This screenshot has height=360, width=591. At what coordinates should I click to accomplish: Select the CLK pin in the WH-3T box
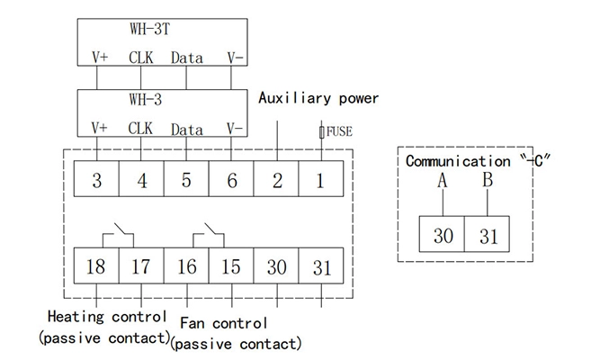141,58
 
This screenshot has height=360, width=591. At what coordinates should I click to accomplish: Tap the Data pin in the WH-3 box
186,129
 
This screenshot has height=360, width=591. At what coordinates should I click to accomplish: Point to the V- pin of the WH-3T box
234,58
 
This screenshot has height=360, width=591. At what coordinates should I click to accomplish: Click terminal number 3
96,180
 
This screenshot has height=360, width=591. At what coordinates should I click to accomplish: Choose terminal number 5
186,180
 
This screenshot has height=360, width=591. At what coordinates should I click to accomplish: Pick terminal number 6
232,180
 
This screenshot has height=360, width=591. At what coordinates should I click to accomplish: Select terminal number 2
277,180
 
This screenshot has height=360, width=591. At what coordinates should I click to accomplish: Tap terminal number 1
322,180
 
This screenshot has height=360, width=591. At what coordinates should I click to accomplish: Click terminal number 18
96,267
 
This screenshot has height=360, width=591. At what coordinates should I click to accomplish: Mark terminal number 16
186,267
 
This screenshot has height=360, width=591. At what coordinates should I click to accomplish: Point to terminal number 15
232,267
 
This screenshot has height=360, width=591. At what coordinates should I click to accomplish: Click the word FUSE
339,132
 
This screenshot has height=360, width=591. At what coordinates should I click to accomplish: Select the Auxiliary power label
318,97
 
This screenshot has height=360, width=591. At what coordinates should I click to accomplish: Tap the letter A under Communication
442,181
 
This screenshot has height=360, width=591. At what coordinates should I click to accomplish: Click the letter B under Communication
487,181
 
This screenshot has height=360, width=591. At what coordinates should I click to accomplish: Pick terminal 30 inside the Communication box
443,237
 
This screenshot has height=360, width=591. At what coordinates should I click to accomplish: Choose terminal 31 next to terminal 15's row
322,267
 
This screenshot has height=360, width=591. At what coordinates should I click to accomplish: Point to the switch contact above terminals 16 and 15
210,236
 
